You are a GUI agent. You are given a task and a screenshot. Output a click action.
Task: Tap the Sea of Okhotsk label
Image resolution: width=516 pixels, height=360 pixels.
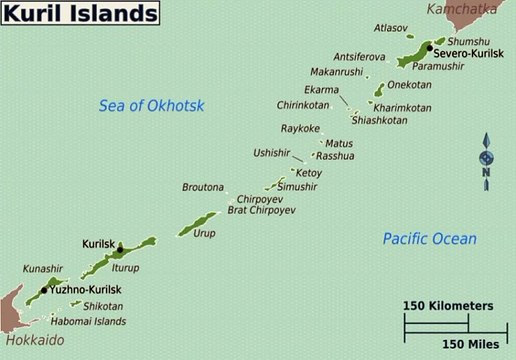[152, 105]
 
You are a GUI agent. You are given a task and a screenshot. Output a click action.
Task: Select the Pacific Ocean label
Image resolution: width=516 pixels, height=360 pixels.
[429, 238]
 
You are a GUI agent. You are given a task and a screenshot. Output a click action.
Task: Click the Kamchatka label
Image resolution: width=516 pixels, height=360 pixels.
[463, 10]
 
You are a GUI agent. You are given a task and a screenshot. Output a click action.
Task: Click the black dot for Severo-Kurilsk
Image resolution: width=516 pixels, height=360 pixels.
[429, 49]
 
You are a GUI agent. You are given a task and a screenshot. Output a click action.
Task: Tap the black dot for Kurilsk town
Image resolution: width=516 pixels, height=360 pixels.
[120, 250]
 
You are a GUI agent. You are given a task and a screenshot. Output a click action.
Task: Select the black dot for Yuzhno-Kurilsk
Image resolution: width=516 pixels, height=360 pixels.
[44, 289]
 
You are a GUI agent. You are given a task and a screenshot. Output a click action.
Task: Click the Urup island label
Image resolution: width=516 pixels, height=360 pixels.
[204, 232]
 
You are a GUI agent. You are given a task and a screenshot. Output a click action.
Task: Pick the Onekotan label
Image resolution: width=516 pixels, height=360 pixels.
[409, 86]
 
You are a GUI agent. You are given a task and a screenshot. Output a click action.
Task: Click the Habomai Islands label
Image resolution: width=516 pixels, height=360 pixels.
[90, 321]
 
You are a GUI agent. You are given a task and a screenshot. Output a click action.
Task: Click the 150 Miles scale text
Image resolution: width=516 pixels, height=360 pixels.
[469, 343]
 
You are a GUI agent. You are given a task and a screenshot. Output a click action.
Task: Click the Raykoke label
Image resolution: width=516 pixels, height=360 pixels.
[300, 128]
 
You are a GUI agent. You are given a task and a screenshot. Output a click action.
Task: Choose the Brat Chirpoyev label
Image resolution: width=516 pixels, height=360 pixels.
[262, 210]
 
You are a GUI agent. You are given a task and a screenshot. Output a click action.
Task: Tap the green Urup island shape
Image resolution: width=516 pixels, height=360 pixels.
[199, 223]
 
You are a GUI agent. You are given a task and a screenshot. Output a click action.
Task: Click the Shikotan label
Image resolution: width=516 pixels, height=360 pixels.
[103, 306]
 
